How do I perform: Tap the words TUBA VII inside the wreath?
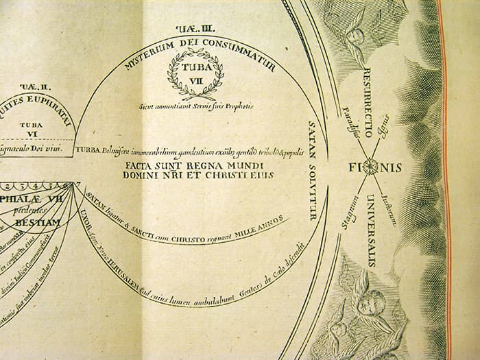point(195,74)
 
